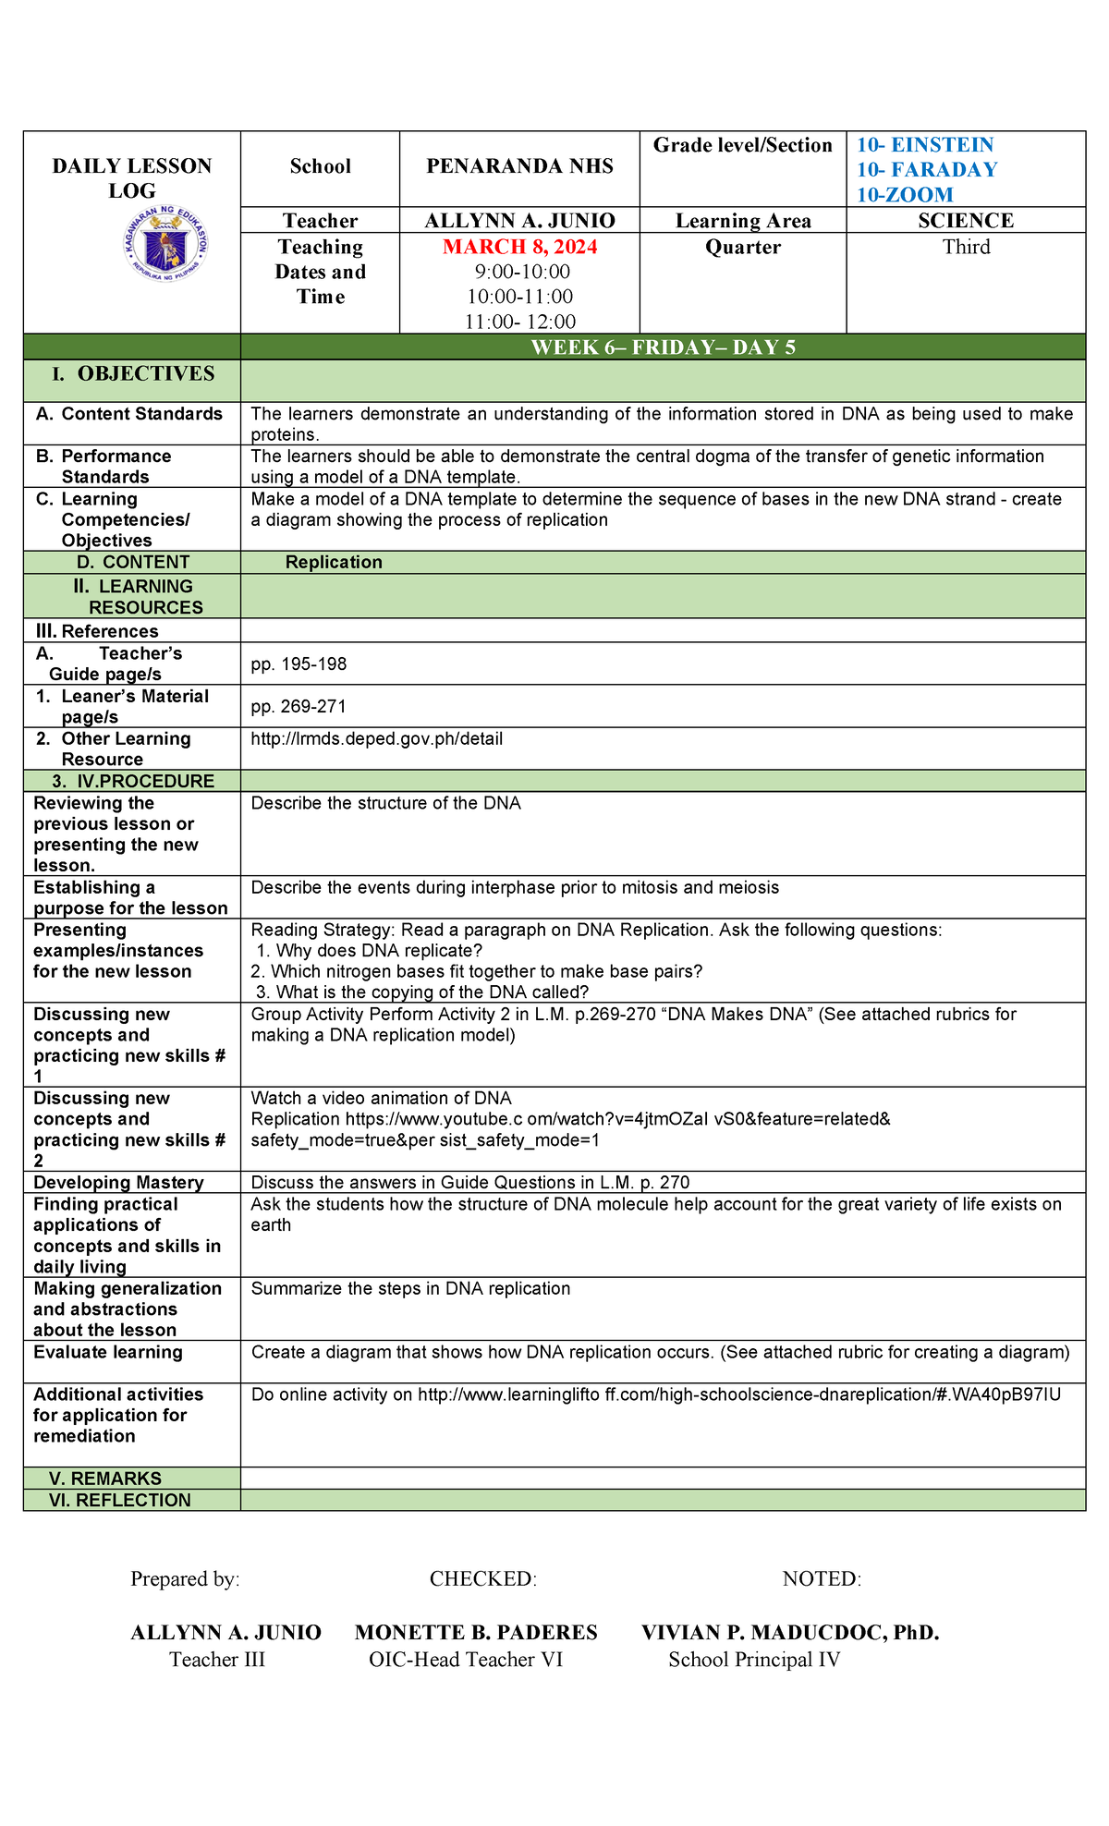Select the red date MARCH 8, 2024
519,247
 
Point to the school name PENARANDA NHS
519,166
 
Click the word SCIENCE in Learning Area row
965,221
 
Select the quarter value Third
966,247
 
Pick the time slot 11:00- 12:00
519,322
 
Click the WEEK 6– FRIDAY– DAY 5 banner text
663,347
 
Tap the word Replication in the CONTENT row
334,562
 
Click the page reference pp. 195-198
299,663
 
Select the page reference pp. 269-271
299,706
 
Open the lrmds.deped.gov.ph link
376,738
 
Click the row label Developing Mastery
118,1182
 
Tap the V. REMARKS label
105,1478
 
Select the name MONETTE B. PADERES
476,1632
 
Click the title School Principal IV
754,1659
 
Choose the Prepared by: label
185,1578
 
